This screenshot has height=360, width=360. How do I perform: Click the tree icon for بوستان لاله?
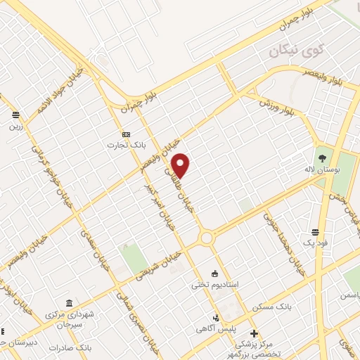coord(323,158)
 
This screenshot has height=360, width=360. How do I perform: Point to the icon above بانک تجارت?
coord(126,134)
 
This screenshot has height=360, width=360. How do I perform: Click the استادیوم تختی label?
coord(216,285)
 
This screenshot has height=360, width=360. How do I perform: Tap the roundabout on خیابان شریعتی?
coord(207,238)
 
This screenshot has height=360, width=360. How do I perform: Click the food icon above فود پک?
coord(316,231)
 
